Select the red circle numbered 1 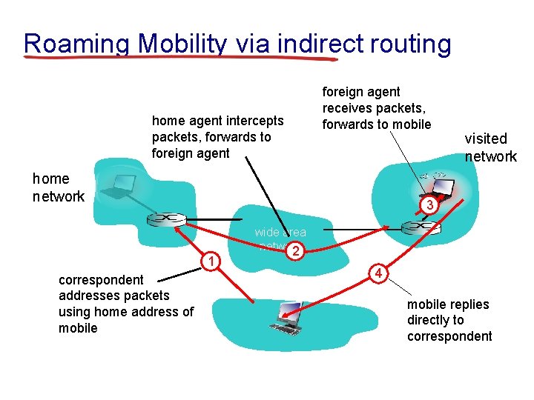click(212, 260)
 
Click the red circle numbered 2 click(295, 252)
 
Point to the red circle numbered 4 click(378, 273)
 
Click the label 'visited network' click(490, 147)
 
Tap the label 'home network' click(58, 187)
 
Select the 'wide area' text click(280, 233)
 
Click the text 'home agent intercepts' click(217, 121)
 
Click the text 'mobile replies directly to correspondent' click(449, 320)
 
